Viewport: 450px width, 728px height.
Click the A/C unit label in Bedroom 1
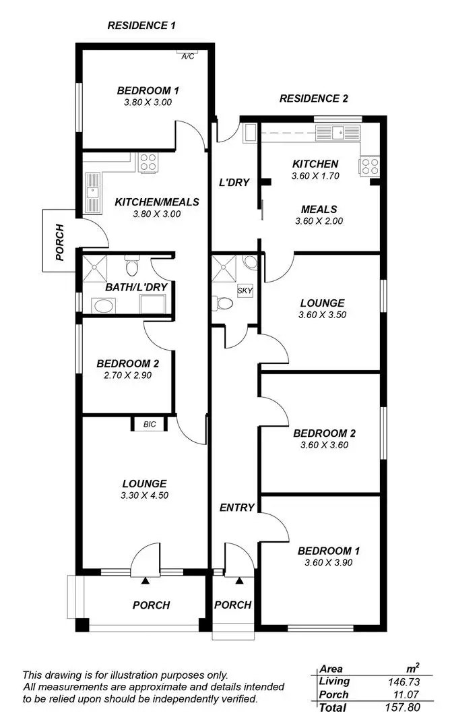188,56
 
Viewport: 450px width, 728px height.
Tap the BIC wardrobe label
149,425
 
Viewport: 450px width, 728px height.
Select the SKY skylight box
245,291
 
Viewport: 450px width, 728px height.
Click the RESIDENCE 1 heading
141,26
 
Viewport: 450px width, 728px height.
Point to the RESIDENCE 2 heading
314,98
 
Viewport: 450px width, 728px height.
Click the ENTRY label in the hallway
237,508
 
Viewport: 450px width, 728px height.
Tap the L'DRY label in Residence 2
234,182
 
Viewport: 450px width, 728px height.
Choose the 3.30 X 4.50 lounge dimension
144,495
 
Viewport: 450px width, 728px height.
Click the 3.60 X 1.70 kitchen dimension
315,176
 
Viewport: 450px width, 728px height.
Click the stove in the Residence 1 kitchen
148,162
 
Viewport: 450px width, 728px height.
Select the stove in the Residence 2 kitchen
369,166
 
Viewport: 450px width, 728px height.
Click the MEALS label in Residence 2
319,209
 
